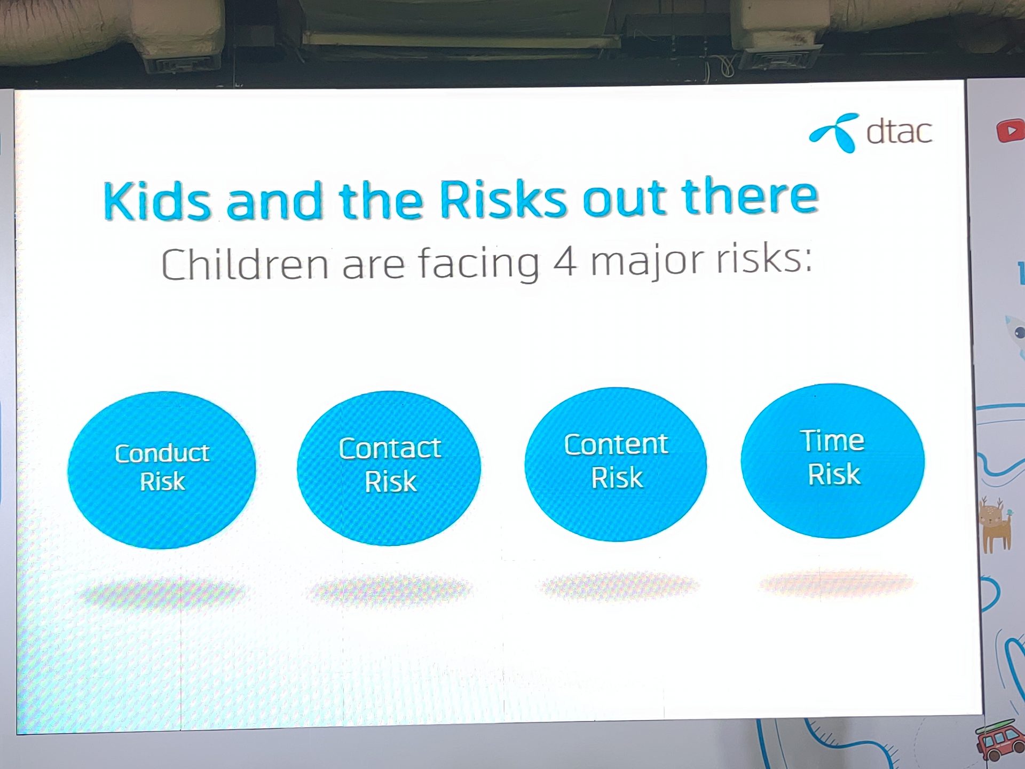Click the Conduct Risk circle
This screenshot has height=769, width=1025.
pos(162,470)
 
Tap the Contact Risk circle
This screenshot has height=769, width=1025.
pos(389,468)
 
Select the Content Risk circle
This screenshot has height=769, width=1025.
pos(616,464)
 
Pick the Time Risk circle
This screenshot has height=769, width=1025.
pos(833,460)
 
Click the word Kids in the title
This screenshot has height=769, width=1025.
pos(157,201)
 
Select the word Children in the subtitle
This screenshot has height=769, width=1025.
pos(245,264)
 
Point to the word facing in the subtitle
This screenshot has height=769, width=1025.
pos(479,263)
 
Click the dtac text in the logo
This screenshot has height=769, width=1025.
pos(899,131)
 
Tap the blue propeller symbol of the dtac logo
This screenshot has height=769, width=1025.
pos(835,132)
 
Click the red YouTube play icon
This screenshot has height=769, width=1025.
pos(1010,131)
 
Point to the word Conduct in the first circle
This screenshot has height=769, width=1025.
pos(162,453)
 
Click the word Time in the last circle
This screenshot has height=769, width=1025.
pos(832,441)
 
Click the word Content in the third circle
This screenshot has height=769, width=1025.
pos(616,444)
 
